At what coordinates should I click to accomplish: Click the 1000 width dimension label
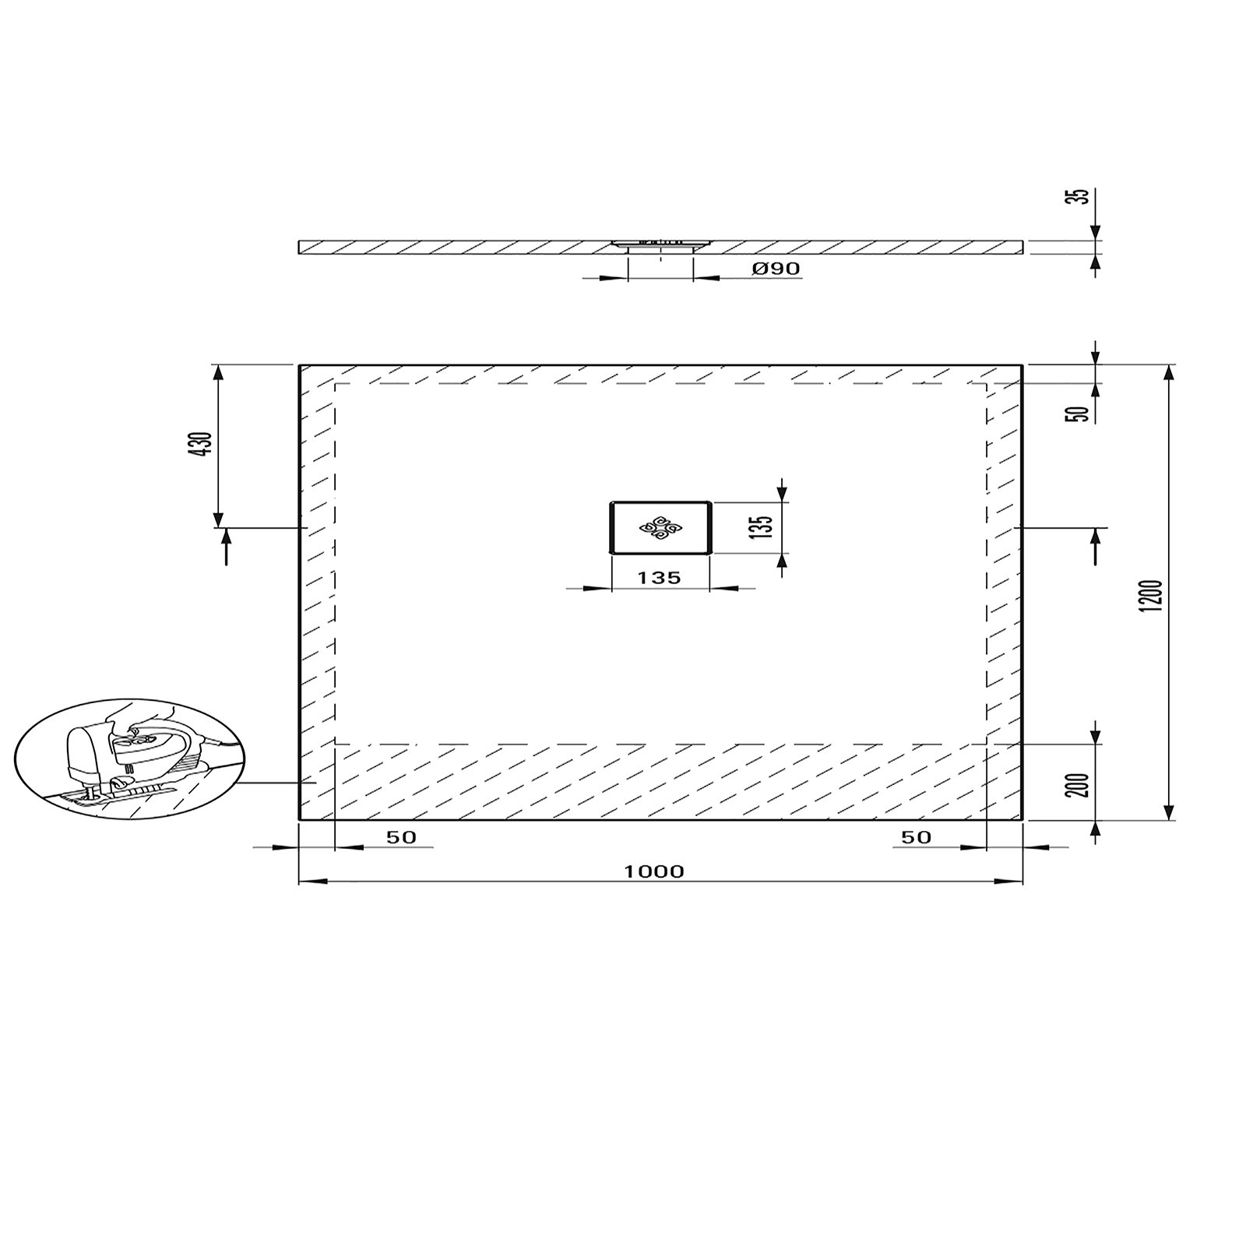click(653, 871)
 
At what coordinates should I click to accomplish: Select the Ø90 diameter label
click(776, 269)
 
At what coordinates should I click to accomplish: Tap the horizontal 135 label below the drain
click(659, 578)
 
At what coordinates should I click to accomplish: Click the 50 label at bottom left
click(401, 837)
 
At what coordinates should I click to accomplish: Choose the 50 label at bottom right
click(916, 837)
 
